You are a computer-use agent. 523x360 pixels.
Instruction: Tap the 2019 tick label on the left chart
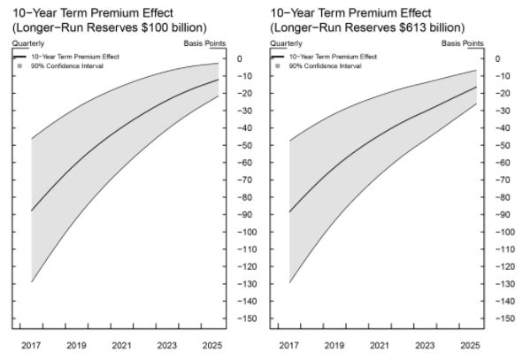76,345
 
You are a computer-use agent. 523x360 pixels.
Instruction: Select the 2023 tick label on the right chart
425,345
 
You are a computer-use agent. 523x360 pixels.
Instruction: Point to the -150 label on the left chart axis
247,318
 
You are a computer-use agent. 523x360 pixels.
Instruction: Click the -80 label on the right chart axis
503,197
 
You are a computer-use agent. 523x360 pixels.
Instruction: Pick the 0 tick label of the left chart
240,58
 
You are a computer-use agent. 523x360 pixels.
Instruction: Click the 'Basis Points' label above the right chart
462,43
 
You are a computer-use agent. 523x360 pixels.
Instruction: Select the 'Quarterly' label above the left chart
28,43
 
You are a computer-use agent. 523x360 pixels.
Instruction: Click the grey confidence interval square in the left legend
19,66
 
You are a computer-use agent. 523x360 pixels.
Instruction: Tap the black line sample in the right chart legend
277,57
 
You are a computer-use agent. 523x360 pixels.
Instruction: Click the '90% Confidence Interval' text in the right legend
325,66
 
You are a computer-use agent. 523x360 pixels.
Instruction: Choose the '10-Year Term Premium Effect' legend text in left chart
75,57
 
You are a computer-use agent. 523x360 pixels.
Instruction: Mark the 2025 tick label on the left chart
212,345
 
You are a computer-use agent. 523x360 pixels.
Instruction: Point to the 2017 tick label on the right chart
288,345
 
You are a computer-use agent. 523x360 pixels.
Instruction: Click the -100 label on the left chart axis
247,232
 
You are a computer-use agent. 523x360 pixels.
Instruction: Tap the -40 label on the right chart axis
503,127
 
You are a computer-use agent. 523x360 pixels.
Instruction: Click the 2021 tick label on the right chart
380,345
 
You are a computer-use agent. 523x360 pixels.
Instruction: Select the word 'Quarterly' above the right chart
286,43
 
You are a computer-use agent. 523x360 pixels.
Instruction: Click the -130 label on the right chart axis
505,284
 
